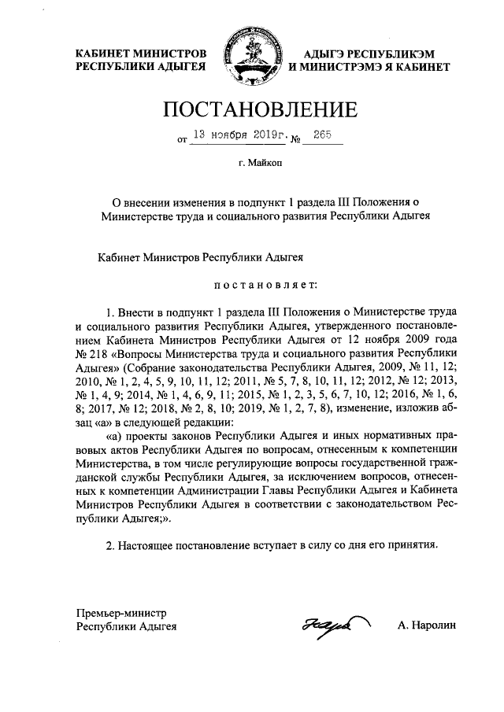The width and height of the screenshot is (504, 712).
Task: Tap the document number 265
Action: tap(321, 135)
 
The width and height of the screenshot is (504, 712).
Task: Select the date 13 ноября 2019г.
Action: tap(239, 135)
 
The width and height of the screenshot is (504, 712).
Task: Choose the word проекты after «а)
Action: tap(154, 437)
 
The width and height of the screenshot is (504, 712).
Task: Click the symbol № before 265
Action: tap(298, 140)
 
